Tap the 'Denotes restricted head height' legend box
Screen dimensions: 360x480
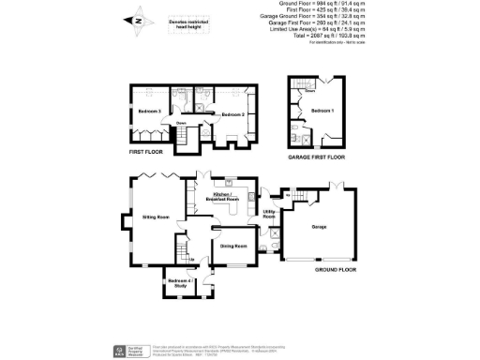190,25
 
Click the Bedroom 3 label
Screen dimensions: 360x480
146,112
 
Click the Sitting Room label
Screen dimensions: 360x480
155,216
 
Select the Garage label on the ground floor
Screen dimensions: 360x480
318,226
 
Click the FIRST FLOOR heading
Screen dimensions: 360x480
146,151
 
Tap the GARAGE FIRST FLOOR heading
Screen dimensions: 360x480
317,157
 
